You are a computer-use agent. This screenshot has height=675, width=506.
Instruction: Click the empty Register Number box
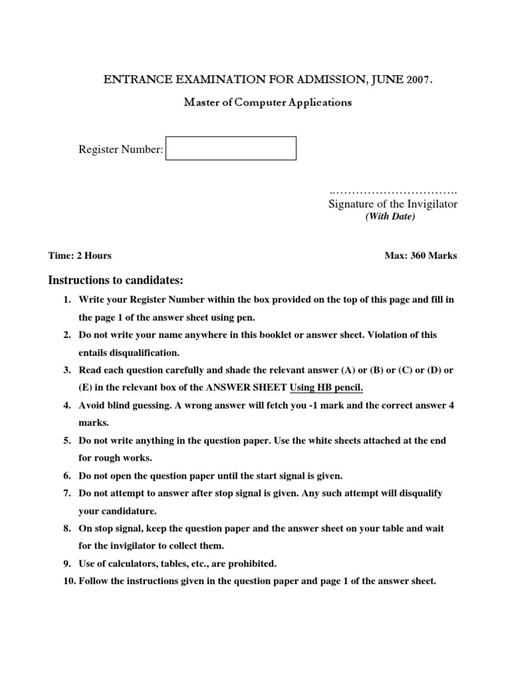(x=231, y=148)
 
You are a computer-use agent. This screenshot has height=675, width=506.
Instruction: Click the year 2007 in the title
(x=419, y=80)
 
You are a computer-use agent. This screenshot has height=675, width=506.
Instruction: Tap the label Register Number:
(x=121, y=150)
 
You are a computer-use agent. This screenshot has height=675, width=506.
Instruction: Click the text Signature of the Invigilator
(x=393, y=204)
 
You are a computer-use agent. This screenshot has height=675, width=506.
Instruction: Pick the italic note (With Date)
(x=391, y=217)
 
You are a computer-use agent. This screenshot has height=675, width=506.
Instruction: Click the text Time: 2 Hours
(x=80, y=256)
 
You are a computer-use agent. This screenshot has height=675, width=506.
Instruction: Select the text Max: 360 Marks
(x=421, y=256)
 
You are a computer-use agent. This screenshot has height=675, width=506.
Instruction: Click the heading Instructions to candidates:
(x=115, y=280)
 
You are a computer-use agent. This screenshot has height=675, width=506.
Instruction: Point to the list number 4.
(x=67, y=405)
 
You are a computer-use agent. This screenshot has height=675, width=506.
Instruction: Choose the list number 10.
(x=69, y=581)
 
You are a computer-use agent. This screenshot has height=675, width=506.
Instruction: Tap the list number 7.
(x=67, y=493)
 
